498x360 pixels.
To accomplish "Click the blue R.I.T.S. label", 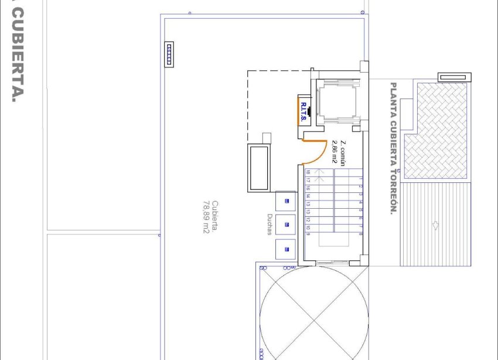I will pyautogui.click(x=303, y=111).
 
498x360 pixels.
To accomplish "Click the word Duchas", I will pyautogui.click(x=269, y=223).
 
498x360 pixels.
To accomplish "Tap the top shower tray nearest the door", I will pyautogui.click(x=286, y=201).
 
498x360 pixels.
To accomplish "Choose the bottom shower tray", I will pyautogui.click(x=286, y=249).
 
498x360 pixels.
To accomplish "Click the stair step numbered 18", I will pyautogui.click(x=308, y=172).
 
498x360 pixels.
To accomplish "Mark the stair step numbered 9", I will pyautogui.click(x=308, y=235).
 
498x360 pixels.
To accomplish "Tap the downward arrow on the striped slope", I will pyautogui.click(x=435, y=225).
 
